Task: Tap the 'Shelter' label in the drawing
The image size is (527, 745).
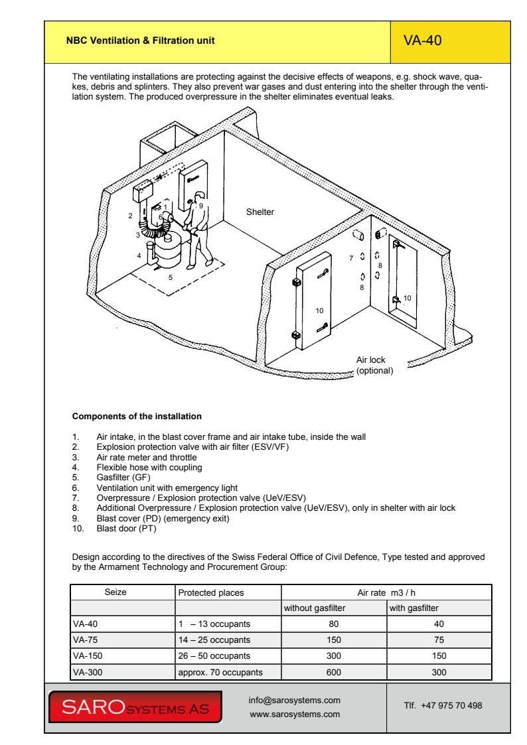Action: click(260, 212)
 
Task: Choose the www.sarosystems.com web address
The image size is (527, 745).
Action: click(294, 714)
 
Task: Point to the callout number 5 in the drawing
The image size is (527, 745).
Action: click(169, 277)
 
